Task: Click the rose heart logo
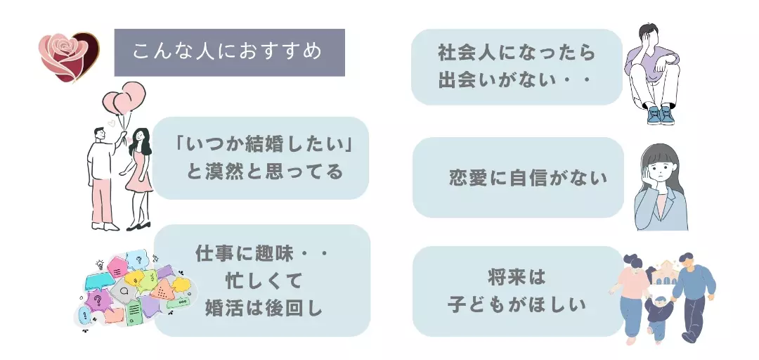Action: [68, 56]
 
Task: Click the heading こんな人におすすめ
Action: [228, 52]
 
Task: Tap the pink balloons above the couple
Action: [125, 100]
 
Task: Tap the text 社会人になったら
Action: [517, 53]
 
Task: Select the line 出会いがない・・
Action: [517, 79]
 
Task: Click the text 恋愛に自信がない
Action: [528, 179]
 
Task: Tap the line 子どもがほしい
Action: [517, 304]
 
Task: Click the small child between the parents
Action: [659, 315]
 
